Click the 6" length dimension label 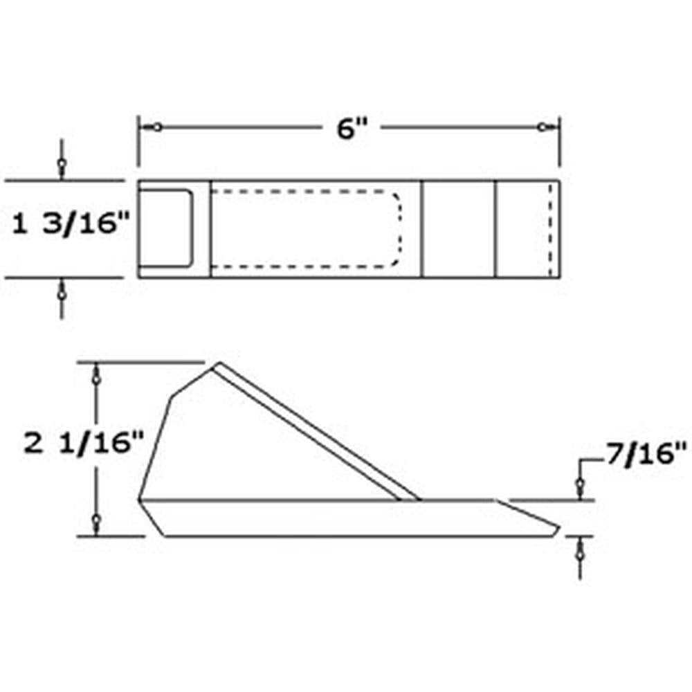(x=351, y=129)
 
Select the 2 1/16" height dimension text (x=84, y=444)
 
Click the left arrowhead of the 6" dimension (x=157, y=127)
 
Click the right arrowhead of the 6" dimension (x=543, y=127)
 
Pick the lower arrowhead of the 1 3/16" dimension (x=62, y=293)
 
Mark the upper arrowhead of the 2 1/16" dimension (x=97, y=378)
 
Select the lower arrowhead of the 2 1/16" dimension (x=97, y=520)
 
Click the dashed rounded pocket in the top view (x=304, y=228)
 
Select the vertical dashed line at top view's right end (x=550, y=228)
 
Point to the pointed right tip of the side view (x=557, y=528)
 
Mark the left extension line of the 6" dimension (x=138, y=142)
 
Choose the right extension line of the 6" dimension (x=560, y=142)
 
